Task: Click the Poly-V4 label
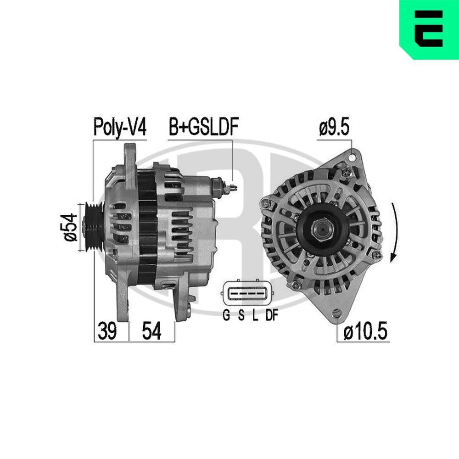120,127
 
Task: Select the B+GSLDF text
203,127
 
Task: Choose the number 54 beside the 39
151,331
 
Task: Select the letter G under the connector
226,315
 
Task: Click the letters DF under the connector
271,315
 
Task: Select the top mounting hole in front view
352,157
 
